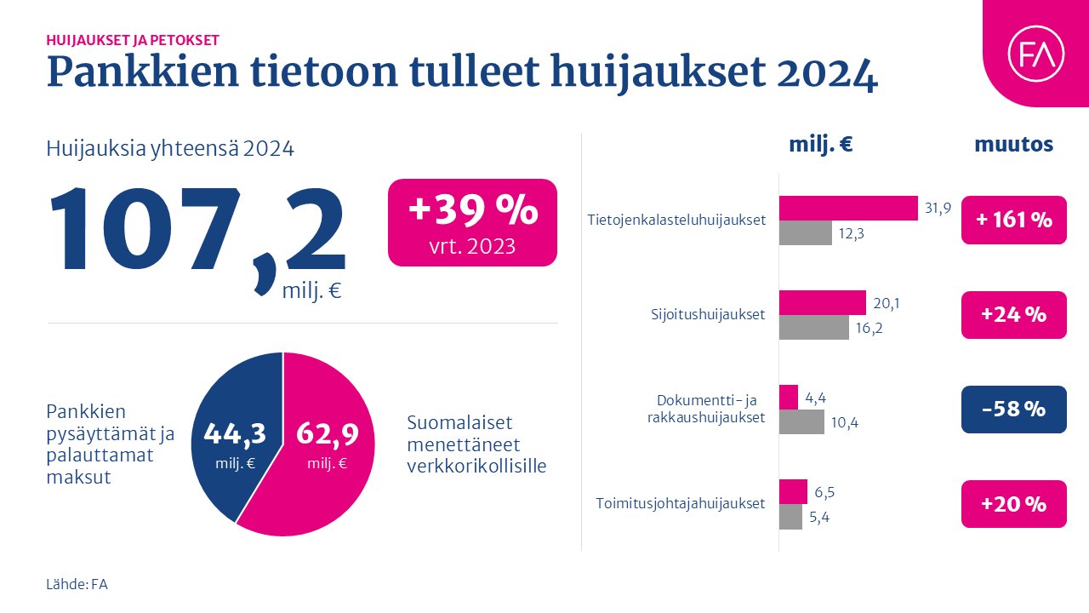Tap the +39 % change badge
472,222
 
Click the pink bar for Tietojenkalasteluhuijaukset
848,209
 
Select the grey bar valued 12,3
805,233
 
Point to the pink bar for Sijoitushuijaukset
822,302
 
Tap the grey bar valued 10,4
801,421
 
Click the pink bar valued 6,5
793,491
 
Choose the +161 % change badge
1013,220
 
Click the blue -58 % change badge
1013,410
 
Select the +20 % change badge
1013,504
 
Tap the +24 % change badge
1013,315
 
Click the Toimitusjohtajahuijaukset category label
680,503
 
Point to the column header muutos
1013,145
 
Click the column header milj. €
820,145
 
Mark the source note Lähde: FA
77,584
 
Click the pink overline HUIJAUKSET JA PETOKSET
133,39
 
